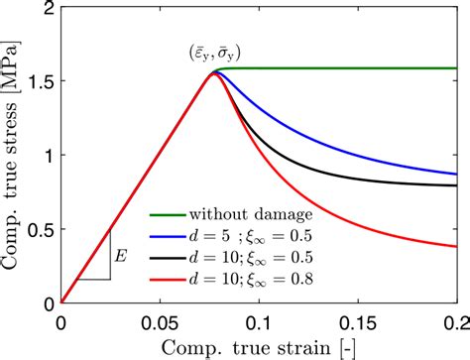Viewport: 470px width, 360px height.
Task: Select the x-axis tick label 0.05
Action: coord(159,320)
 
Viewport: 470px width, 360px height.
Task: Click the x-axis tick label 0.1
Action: coord(260,320)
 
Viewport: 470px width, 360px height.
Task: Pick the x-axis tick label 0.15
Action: coord(358,320)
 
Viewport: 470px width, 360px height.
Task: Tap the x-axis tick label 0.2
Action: coord(455,320)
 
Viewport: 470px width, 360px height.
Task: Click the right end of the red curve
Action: coord(455,246)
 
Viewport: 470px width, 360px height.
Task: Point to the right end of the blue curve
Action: coord(455,175)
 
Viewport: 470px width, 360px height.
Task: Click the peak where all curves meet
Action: coord(213,72)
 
